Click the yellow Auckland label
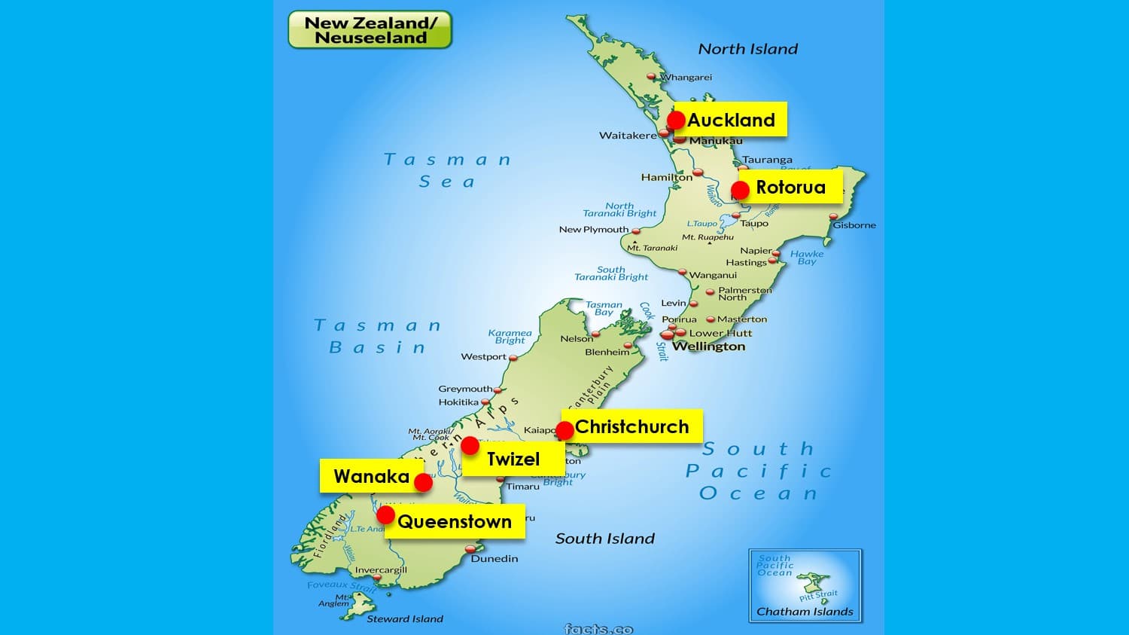(731, 120)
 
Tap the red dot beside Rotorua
(740, 190)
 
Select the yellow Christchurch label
(632, 426)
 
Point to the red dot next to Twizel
(470, 445)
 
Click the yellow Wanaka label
(371, 476)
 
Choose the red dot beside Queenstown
(385, 515)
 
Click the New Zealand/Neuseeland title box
(370, 30)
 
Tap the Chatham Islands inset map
(805, 585)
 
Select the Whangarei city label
(686, 78)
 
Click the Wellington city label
(708, 347)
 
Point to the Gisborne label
(854, 225)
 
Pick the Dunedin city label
(495, 559)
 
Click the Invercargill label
(381, 570)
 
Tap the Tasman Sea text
(447, 170)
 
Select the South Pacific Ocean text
(759, 471)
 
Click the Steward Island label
(405, 619)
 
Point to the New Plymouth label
(594, 230)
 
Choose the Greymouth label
(465, 389)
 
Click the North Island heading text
(747, 49)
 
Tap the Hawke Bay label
(807, 258)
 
